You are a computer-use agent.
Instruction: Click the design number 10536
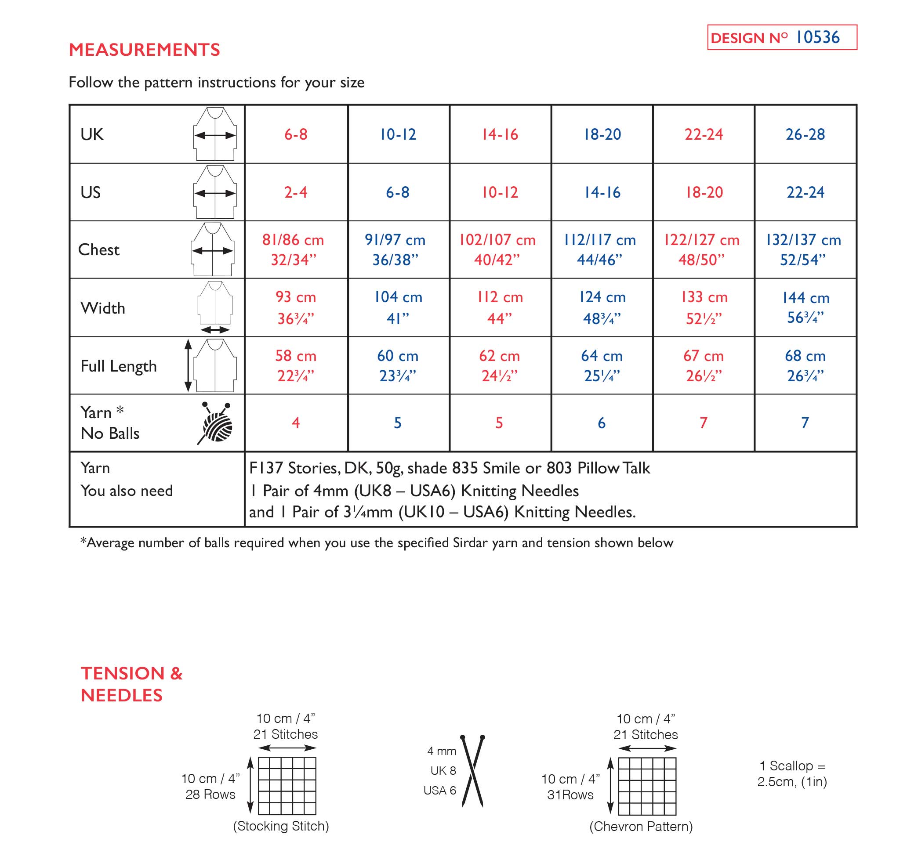pyautogui.click(x=817, y=37)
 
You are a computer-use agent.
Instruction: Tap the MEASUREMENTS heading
pyautogui.click(x=144, y=50)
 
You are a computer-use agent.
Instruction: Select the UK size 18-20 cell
pyautogui.click(x=602, y=134)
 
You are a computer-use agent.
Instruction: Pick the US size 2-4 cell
pyautogui.click(x=296, y=192)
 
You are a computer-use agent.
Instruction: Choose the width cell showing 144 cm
pyautogui.click(x=805, y=298)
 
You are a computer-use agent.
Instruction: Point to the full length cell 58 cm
pyautogui.click(x=296, y=356)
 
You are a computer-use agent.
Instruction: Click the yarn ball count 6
pyautogui.click(x=602, y=423)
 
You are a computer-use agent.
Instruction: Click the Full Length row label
pyautogui.click(x=119, y=366)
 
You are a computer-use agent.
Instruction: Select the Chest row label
pyautogui.click(x=98, y=249)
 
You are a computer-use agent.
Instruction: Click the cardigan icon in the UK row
pyautogui.click(x=215, y=134)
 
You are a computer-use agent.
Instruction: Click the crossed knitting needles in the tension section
pyautogui.click(x=473, y=771)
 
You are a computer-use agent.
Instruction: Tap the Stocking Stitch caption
pyautogui.click(x=281, y=826)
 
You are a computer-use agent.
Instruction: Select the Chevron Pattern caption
pyautogui.click(x=641, y=826)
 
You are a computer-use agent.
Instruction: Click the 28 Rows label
pyautogui.click(x=210, y=795)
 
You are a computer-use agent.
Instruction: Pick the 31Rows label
pyautogui.click(x=570, y=795)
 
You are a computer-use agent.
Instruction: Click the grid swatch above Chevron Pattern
pyautogui.click(x=647, y=786)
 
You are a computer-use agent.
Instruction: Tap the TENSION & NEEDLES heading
pyautogui.click(x=131, y=684)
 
